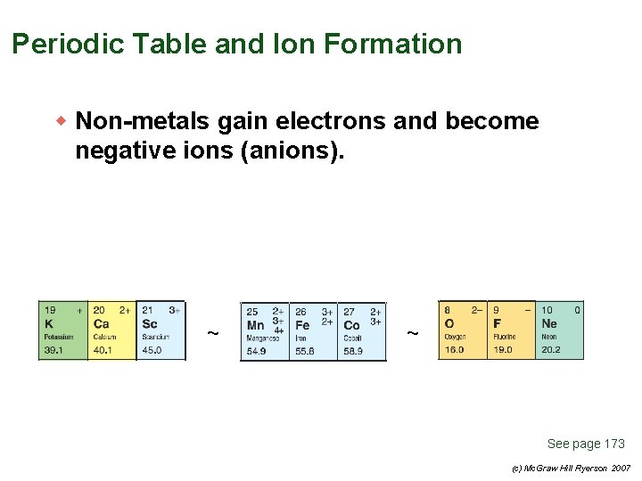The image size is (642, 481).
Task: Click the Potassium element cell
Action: (x=62, y=330)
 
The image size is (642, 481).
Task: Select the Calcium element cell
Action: (x=111, y=330)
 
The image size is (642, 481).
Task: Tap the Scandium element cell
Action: (x=160, y=330)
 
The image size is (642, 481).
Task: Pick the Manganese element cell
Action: (x=264, y=331)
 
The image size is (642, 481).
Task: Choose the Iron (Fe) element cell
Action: (x=313, y=331)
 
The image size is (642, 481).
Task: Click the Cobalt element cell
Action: (x=362, y=331)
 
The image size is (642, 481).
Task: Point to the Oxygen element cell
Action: (x=462, y=330)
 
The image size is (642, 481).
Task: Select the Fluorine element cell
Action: (x=511, y=330)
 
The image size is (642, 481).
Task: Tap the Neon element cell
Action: (x=560, y=330)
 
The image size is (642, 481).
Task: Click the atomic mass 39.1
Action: (x=53, y=350)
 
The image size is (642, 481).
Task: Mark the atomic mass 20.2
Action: (x=551, y=350)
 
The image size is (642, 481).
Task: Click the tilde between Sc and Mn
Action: (x=212, y=333)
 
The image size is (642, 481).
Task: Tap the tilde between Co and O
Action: (x=412, y=333)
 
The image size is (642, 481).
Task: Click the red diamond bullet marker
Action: (x=62, y=119)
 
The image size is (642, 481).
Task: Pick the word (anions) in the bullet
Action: (x=292, y=151)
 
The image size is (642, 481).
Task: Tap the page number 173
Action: (x=614, y=444)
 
